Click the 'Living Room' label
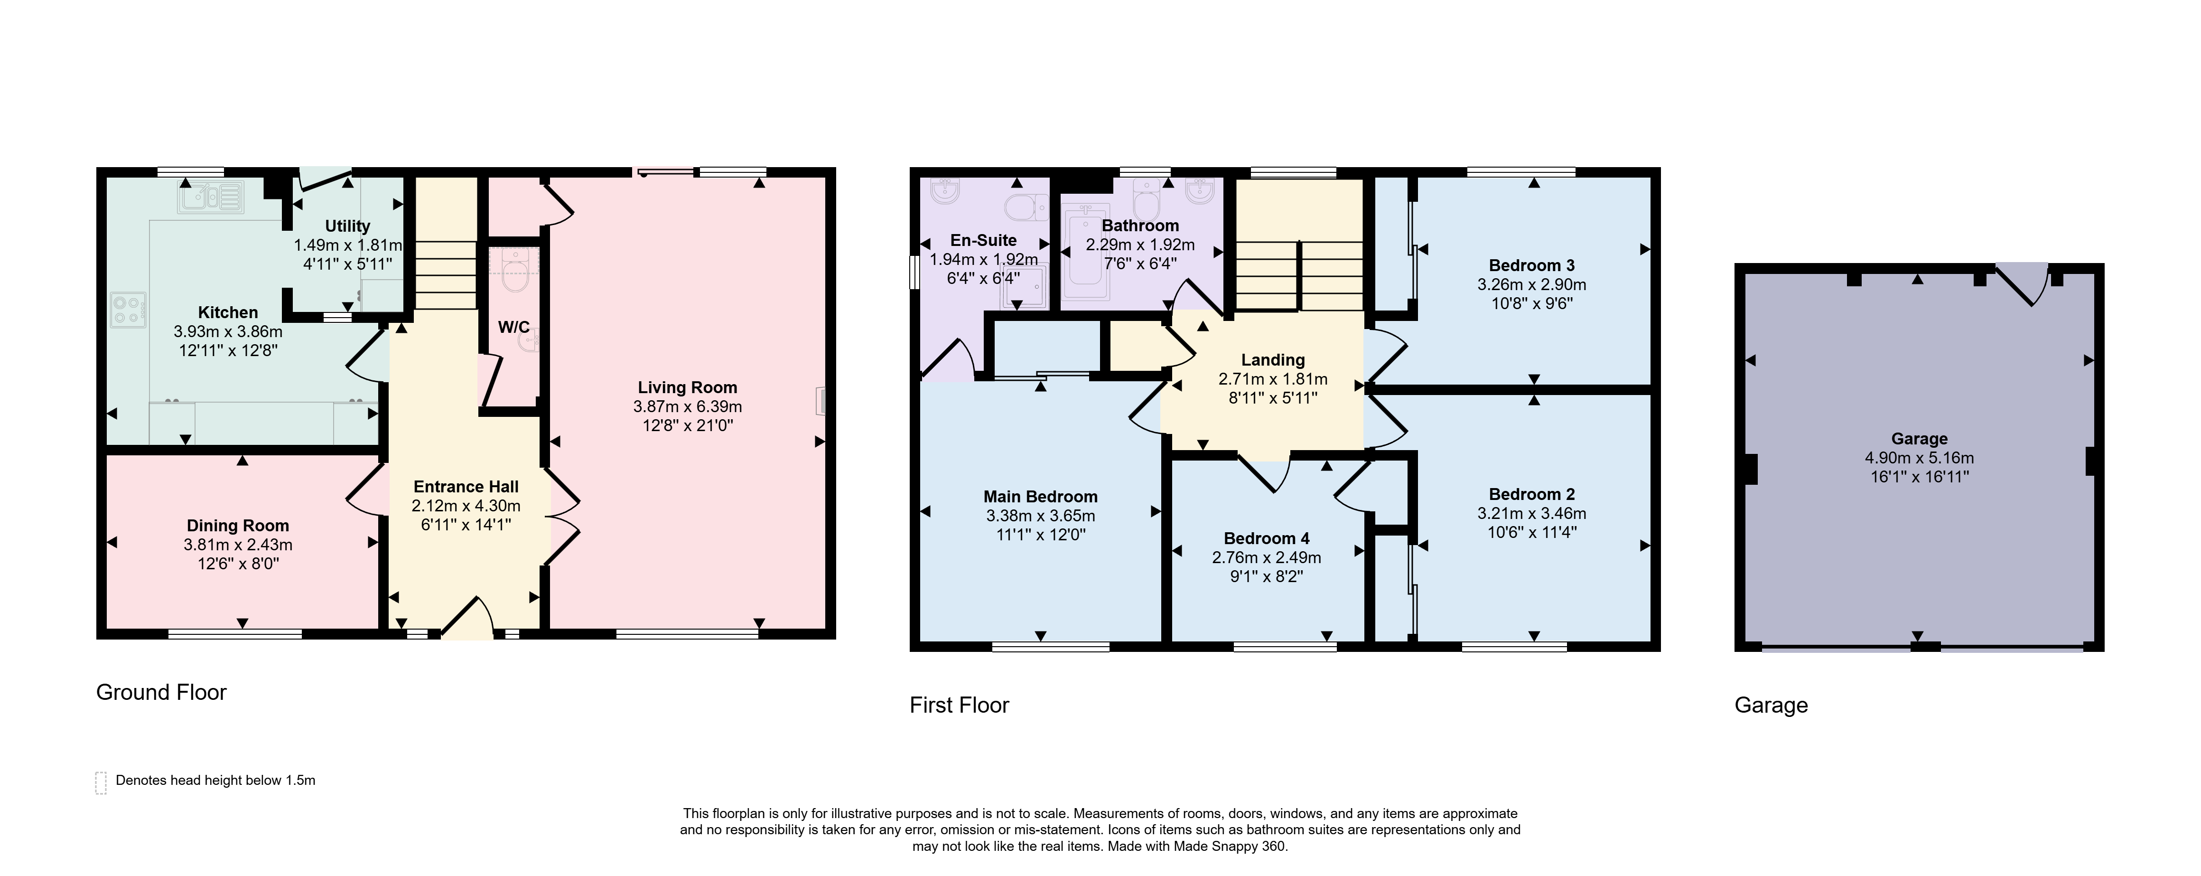[687, 387]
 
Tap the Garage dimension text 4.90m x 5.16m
[1919, 458]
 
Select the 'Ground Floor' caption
[161, 692]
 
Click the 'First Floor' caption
[960, 705]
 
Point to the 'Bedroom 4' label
[1266, 538]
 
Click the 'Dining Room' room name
[238, 526]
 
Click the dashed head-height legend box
[101, 783]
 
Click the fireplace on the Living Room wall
[821, 401]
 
